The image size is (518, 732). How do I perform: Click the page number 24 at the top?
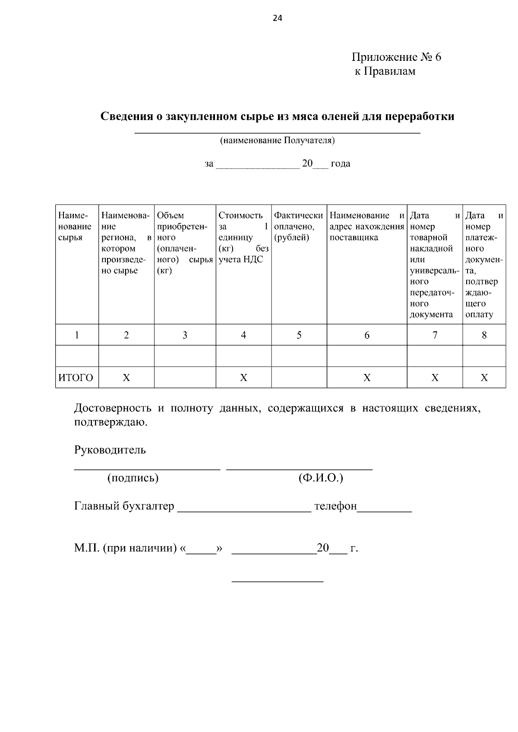pyautogui.click(x=277, y=18)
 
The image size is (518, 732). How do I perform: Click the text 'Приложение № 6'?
pyautogui.click(x=396, y=57)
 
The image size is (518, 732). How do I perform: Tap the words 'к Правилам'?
pyautogui.click(x=385, y=71)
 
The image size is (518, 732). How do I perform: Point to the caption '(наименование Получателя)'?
pyautogui.click(x=277, y=140)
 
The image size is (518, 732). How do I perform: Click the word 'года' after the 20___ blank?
pyautogui.click(x=340, y=163)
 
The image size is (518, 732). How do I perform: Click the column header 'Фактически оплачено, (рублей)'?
pyautogui.click(x=298, y=226)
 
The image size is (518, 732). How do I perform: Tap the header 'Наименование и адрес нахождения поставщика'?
pyautogui.click(x=366, y=226)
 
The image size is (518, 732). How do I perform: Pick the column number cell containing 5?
pyautogui.click(x=299, y=335)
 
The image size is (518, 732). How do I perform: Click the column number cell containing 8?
pyautogui.click(x=484, y=335)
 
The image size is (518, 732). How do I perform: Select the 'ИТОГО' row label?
pyautogui.click(x=76, y=378)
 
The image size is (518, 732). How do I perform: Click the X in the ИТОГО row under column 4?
pyautogui.click(x=243, y=378)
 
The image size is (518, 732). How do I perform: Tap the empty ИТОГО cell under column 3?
pyautogui.click(x=185, y=378)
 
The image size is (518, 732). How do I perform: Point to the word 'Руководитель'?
pyautogui.click(x=110, y=450)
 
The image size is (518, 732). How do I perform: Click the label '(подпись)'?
pyautogui.click(x=133, y=478)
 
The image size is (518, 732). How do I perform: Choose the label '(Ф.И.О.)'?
pyautogui.click(x=320, y=478)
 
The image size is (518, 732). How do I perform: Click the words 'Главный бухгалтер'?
pyautogui.click(x=124, y=506)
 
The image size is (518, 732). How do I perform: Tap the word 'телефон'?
pyautogui.click(x=335, y=506)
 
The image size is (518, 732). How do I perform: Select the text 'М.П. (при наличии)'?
pyautogui.click(x=125, y=548)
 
